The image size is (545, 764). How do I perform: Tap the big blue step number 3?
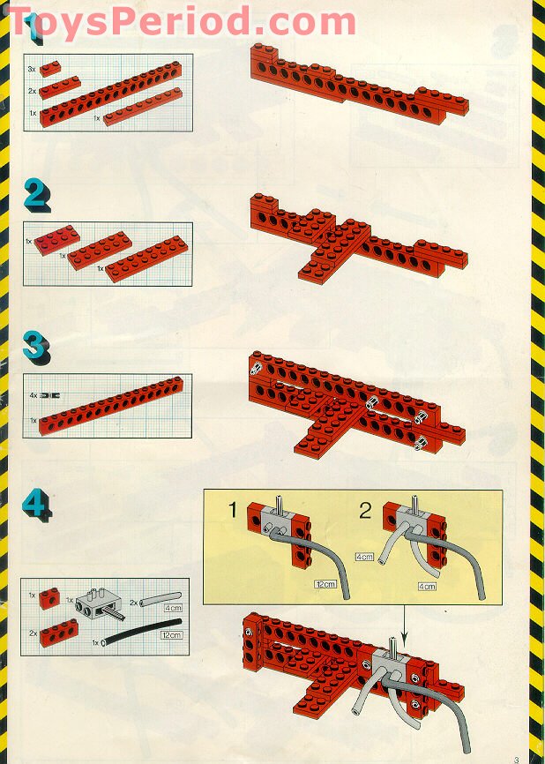point(36,346)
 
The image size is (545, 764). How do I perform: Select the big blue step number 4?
point(36,503)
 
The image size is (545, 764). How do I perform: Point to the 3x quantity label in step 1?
point(32,68)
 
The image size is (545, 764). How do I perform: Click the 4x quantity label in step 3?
point(33,398)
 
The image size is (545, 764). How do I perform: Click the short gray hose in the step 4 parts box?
point(159,601)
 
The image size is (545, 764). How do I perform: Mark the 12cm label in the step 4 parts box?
point(172,634)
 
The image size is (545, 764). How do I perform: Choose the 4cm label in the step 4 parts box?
point(173,607)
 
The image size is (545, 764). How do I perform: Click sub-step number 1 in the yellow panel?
point(233,509)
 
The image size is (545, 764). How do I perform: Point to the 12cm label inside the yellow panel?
point(326,585)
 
